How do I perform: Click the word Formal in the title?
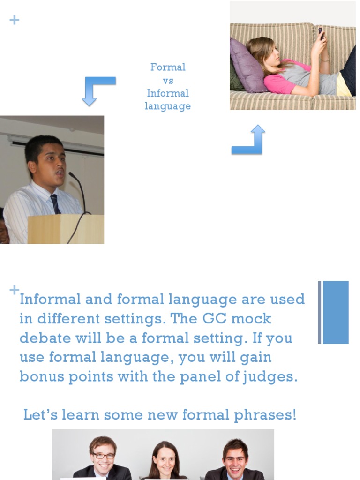point(168,67)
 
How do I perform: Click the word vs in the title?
point(168,80)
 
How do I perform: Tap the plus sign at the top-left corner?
point(15,20)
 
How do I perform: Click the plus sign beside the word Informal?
point(15,289)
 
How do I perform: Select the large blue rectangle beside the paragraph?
point(336,312)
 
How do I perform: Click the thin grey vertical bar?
point(320,312)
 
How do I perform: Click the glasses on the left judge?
point(103,455)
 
